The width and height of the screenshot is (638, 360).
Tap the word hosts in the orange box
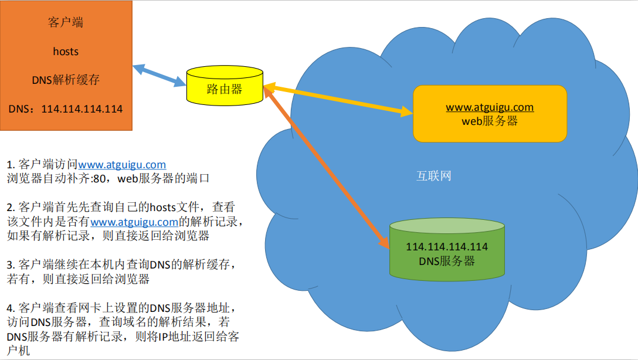pyautogui.click(x=66, y=52)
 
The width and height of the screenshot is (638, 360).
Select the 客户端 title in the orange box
pyautogui.click(x=65, y=23)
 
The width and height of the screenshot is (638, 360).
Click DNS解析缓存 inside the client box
pyautogui.click(x=66, y=80)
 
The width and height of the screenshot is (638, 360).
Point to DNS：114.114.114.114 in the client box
pyautogui.click(x=66, y=109)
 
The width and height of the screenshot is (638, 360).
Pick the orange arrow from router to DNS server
pyautogui.click(x=326, y=167)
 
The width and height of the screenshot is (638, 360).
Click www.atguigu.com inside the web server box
pyautogui.click(x=490, y=107)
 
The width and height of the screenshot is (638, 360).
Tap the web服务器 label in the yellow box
pyautogui.click(x=490, y=121)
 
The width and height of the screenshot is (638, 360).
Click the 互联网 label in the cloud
pyautogui.click(x=434, y=176)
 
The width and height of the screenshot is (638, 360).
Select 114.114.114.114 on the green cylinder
pyautogui.click(x=447, y=247)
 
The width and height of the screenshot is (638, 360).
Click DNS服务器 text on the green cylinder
pyautogui.click(x=447, y=261)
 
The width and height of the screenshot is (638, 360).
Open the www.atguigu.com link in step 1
pyautogui.click(x=122, y=165)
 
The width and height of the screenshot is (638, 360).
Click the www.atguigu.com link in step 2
pyautogui.click(x=134, y=222)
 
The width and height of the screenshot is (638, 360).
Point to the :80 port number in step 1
pyautogui.click(x=99, y=179)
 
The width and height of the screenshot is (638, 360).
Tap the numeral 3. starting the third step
pyautogui.click(x=11, y=265)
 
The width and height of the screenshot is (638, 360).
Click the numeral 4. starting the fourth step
pyautogui.click(x=11, y=308)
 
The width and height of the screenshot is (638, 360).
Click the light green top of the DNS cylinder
pyautogui.click(x=447, y=226)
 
